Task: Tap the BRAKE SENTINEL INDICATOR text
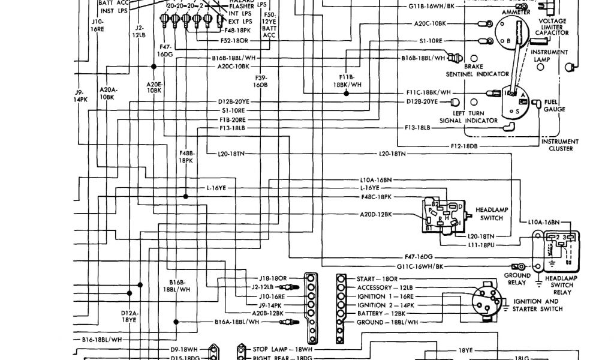[x=477, y=71]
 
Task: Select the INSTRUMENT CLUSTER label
[x=560, y=145]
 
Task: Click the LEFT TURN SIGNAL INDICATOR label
[x=469, y=116]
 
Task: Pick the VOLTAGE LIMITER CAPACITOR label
[x=552, y=27]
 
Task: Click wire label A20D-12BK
[x=376, y=214]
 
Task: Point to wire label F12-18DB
[x=464, y=146]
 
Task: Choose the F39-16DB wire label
[x=260, y=82]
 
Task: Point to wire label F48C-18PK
[x=377, y=196]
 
